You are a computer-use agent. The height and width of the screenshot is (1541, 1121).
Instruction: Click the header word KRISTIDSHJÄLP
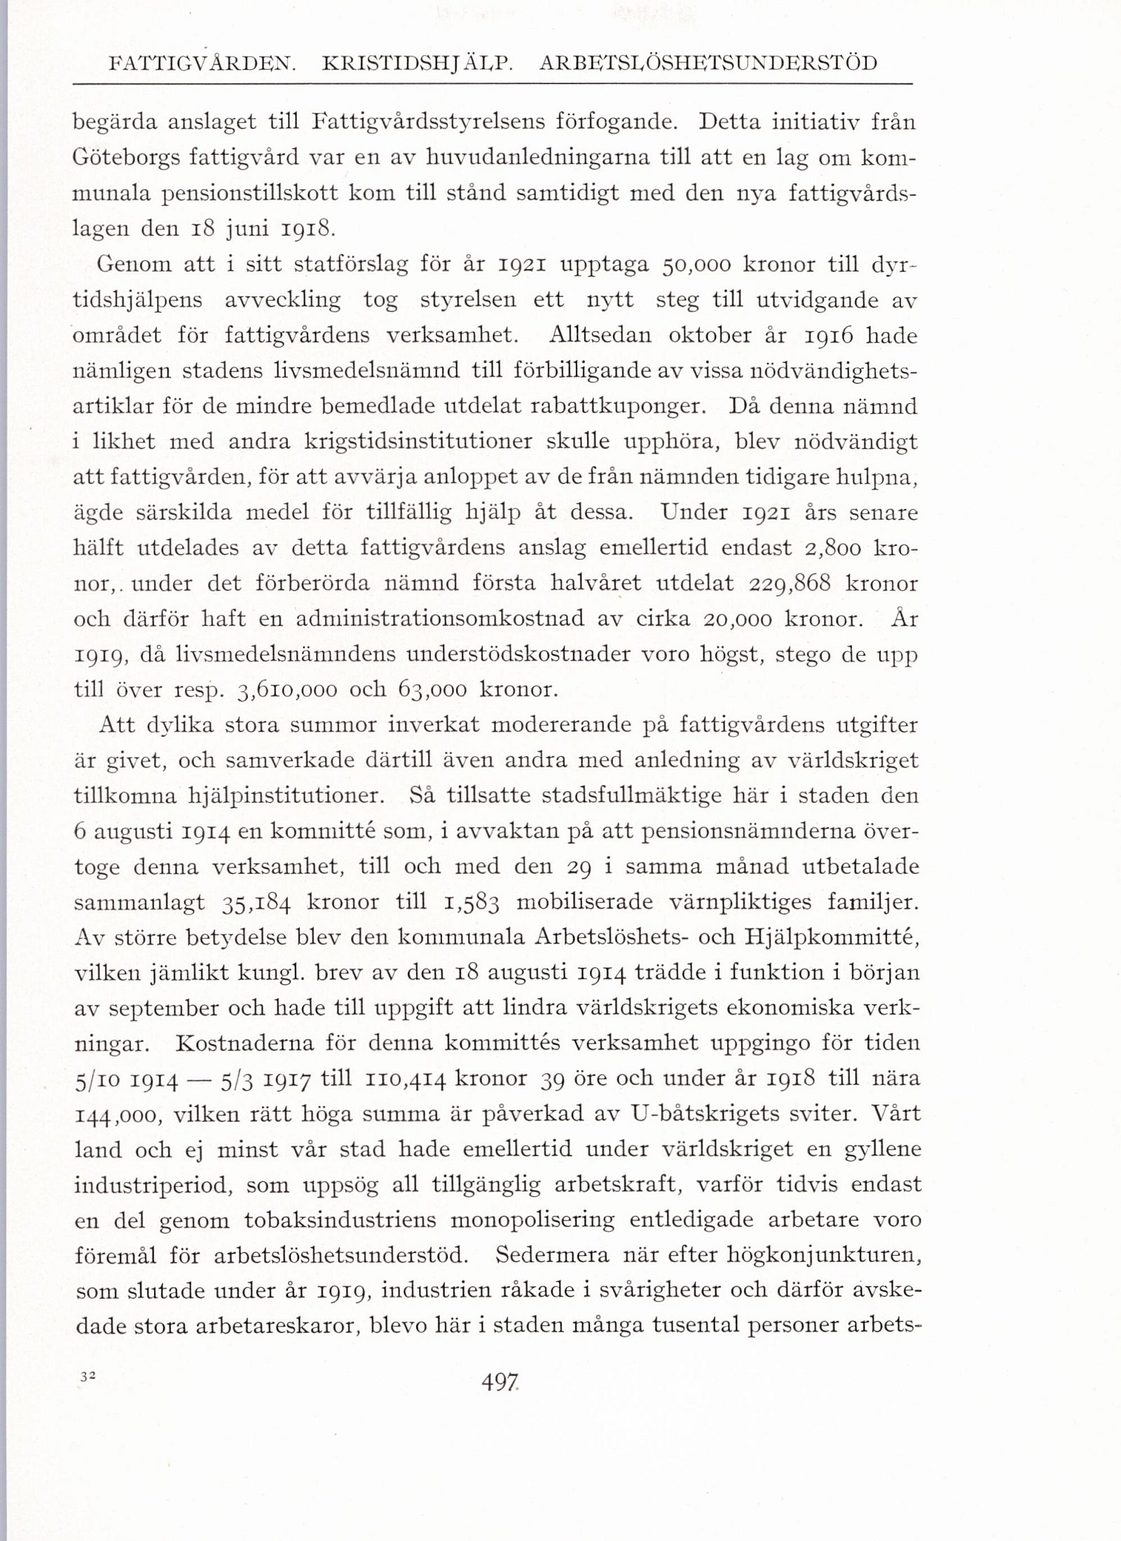pos(418,64)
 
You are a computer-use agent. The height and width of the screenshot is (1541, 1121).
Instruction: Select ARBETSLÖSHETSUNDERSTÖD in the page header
pos(708,64)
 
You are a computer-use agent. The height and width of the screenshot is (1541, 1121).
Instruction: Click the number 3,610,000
pos(287,690)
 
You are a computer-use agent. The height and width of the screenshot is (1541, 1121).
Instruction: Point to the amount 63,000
pos(433,690)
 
